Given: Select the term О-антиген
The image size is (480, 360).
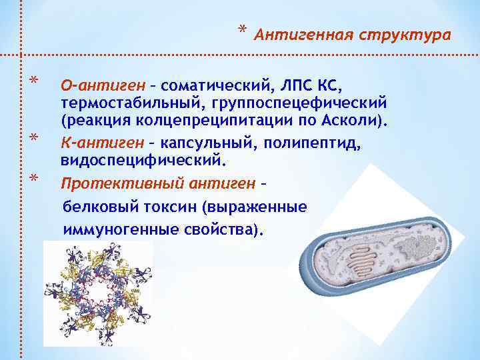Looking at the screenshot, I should [97, 85].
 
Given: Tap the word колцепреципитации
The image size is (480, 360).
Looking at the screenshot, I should [221, 123].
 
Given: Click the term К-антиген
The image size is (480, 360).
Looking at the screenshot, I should [97, 143].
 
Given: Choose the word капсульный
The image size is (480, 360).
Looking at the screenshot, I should [202, 143].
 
